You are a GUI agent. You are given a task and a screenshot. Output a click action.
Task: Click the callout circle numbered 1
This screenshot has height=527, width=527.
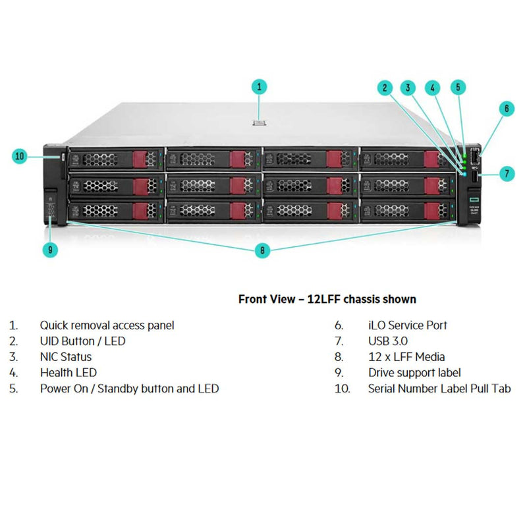coord(260,86)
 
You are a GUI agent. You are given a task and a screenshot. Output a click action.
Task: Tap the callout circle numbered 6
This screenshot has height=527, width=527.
coord(506,109)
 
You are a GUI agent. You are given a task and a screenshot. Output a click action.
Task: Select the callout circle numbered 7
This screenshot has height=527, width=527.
coord(506,174)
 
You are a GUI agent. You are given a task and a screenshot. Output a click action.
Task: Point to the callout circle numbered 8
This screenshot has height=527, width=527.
coord(263,250)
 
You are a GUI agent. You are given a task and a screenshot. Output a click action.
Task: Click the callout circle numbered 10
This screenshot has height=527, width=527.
coord(20,156)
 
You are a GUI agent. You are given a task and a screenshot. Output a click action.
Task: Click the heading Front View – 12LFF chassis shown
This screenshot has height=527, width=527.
coord(327,299)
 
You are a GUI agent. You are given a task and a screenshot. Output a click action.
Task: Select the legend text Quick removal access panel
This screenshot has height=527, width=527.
coord(107,325)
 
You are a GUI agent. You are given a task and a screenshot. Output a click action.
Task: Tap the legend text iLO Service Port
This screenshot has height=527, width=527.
coord(407,325)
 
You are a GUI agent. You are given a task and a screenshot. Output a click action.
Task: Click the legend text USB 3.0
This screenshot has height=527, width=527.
coord(387,341)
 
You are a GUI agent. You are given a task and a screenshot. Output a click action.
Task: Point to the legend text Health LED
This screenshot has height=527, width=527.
coord(68,373)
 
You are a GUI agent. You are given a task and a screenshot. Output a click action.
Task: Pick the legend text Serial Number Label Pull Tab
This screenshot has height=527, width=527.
coord(439,389)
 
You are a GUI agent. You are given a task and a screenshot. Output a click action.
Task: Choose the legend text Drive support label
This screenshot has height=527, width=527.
coord(414,373)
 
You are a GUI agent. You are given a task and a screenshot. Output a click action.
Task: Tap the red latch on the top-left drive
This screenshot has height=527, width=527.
coord(140,159)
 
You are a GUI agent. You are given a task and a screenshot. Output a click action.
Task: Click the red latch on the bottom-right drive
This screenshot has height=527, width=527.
coord(431,211)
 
